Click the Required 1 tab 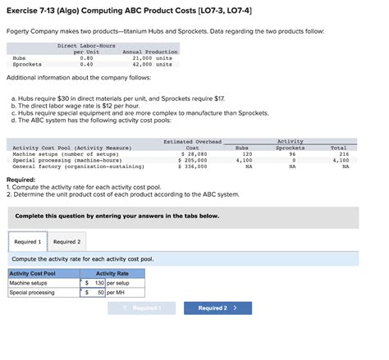click(x=27, y=242)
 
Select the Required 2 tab click(x=67, y=242)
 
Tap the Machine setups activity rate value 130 click(x=99, y=283)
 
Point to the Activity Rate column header click(x=112, y=274)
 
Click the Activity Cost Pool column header click(x=33, y=274)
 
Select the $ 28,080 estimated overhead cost click(x=193, y=153)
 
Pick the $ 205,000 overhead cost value click(x=193, y=160)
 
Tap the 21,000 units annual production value click(x=152, y=58)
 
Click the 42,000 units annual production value click(x=152, y=64)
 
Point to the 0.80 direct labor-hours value click(x=85, y=58)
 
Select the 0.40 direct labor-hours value click(x=85, y=64)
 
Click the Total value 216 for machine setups click(x=344, y=153)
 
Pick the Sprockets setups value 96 click(x=291, y=153)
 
